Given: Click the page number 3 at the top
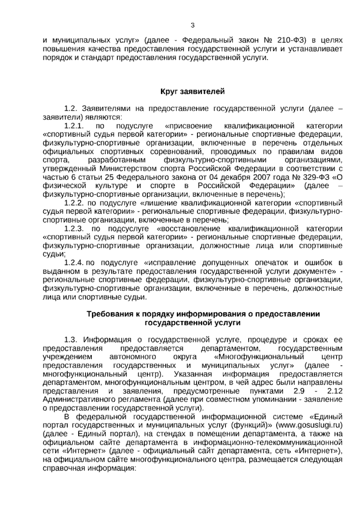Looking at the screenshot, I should pyautogui.click(x=193, y=26).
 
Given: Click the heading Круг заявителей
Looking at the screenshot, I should pyautogui.click(x=193, y=91).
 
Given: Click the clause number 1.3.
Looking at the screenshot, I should pyautogui.click(x=71, y=340).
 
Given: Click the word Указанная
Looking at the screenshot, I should pyautogui.click(x=193, y=374).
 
